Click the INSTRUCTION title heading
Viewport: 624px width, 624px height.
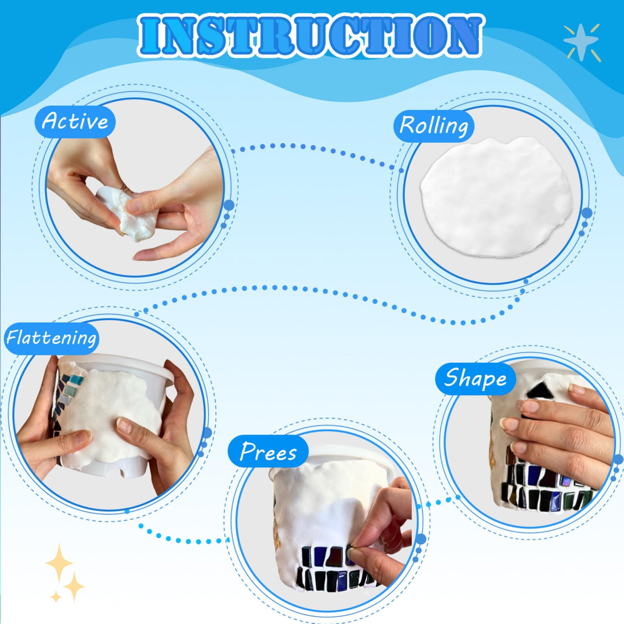310,35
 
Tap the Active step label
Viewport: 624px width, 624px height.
75,122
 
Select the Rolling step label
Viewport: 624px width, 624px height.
434,125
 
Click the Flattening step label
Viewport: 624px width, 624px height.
51,338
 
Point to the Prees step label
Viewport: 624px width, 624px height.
268,452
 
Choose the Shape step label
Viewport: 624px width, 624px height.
475,378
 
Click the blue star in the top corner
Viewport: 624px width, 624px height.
581,43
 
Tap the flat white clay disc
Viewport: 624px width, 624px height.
496,197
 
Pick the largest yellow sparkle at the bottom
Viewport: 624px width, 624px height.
59,563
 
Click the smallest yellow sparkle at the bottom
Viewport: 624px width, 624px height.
56,596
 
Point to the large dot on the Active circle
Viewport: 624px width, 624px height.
229,205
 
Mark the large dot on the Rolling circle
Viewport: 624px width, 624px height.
587,213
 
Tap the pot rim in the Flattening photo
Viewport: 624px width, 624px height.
117,364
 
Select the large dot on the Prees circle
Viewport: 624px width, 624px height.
421,539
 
